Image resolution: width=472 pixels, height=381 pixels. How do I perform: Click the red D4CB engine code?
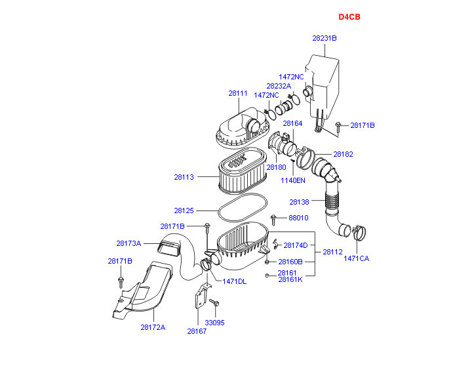(349, 17)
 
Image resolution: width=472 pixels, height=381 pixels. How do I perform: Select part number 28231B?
(324, 38)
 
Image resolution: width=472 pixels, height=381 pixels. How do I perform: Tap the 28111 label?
(237, 93)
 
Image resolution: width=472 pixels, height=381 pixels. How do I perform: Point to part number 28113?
(184, 176)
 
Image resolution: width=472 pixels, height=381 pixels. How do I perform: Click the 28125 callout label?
(184, 211)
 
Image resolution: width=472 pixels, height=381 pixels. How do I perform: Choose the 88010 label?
(298, 218)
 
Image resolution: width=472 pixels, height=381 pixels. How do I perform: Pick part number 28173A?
(128, 243)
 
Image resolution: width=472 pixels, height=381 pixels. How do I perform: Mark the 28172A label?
(153, 327)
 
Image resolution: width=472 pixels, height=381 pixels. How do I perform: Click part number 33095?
(214, 323)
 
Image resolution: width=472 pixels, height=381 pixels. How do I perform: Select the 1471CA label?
(357, 258)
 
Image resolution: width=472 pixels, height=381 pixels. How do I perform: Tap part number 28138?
(300, 201)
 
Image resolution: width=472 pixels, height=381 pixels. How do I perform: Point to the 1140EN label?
(293, 180)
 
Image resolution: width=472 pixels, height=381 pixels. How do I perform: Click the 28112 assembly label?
(332, 252)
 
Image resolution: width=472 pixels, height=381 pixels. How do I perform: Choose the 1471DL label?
(235, 281)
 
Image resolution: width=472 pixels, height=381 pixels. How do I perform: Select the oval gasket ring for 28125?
(241, 211)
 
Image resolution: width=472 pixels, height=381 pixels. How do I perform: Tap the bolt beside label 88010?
(273, 219)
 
